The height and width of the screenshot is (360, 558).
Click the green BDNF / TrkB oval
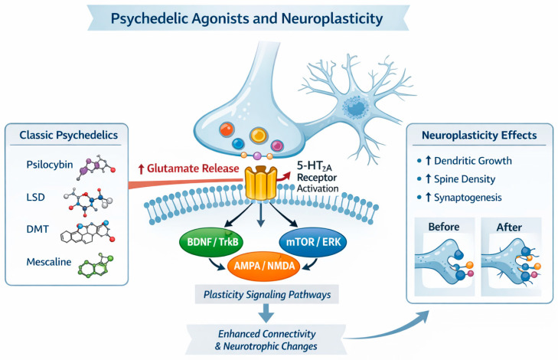coord(213,242)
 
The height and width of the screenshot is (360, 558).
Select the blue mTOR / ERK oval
coord(313,242)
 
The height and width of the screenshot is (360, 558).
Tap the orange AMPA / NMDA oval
coord(264,266)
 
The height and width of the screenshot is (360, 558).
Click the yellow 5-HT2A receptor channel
coord(261,183)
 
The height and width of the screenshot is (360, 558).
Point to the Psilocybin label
coord(50,165)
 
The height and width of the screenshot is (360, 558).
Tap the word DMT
coord(38,229)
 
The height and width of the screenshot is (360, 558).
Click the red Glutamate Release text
coord(188,169)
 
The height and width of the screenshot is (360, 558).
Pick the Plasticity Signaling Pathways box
coord(267,294)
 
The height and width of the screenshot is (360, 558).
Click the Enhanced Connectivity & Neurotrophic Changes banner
coord(266,340)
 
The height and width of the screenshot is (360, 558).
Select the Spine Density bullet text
coord(460,179)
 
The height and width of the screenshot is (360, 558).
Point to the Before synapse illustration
coord(445,257)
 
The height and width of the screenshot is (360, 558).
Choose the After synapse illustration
coord(511,257)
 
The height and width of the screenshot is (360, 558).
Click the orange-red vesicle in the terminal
coord(227,129)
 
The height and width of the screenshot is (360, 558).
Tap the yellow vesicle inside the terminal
coord(259,135)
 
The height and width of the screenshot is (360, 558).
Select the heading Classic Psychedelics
coord(68,135)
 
